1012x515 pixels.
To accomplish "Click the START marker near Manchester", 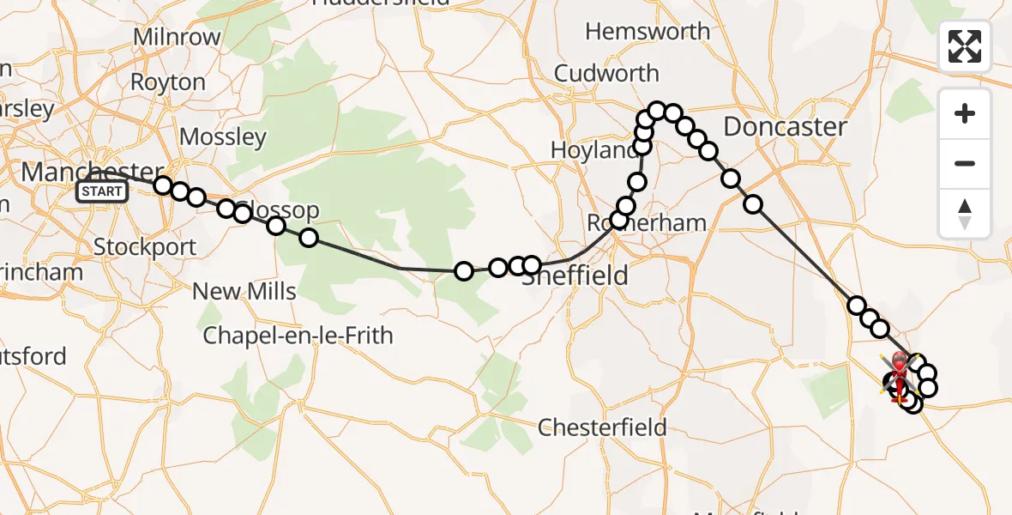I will coord(102,191).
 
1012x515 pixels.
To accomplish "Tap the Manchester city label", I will coord(92,171).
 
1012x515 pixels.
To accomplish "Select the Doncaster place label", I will coord(785,127).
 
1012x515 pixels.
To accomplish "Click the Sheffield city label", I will coord(575,276).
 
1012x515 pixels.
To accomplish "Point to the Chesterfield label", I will coord(603,427).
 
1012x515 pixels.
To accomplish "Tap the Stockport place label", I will coord(144,246).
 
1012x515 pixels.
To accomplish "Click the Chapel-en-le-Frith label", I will coord(298,335).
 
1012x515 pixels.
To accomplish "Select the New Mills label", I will coord(244,291).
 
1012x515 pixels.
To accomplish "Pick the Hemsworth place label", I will coord(648,32).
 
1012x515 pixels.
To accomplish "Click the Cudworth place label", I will coord(606,74).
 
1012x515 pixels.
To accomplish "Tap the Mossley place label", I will coord(223,136).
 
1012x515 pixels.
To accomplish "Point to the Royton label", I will coord(167,82).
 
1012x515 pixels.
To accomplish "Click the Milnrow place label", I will coord(178,38).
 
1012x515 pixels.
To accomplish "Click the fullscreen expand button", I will coord(965,46).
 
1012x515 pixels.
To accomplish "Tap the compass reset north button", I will coord(965,213).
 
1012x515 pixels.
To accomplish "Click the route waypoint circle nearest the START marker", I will coord(163,185).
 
